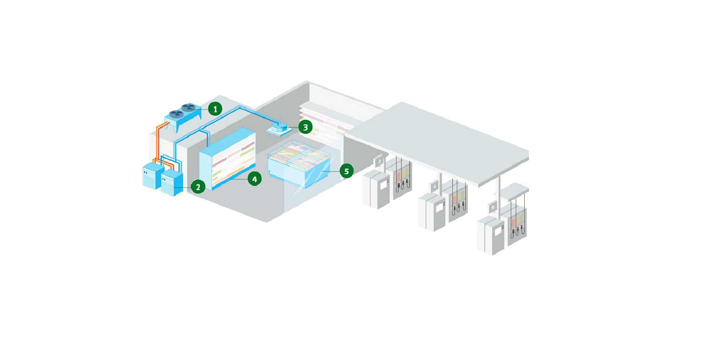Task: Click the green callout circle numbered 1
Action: [x=215, y=109]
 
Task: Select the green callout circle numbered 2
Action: [x=198, y=187]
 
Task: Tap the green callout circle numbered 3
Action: [x=305, y=126]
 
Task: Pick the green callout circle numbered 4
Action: [x=254, y=178]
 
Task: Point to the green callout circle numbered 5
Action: [x=346, y=171]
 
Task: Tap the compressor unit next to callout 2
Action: [x=172, y=182]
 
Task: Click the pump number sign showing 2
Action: [x=380, y=161]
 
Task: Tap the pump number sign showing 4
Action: [x=435, y=186]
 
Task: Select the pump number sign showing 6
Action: [x=493, y=207]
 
